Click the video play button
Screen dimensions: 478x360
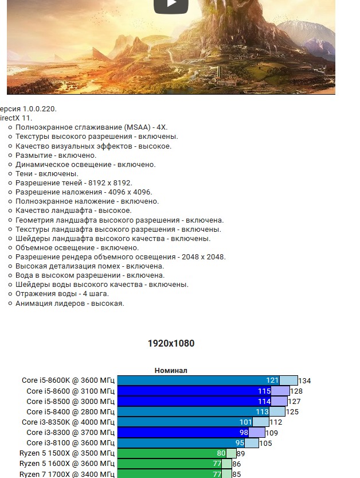171,5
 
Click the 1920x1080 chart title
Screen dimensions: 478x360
171,344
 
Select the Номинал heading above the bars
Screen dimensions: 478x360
171,371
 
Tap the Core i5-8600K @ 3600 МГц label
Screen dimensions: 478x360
68,380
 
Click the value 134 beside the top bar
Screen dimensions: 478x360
304,381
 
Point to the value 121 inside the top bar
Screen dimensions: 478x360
272,380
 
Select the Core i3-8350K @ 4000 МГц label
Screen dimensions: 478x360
68,422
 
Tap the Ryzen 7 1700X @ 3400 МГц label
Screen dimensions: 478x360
67,474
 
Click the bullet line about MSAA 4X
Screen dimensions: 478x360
91,127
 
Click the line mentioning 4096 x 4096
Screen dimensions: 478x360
84,192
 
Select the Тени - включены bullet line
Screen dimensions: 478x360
47,174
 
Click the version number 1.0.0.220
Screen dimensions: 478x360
40,108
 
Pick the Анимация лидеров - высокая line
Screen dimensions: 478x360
69,304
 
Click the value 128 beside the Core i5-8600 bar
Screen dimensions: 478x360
296,391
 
